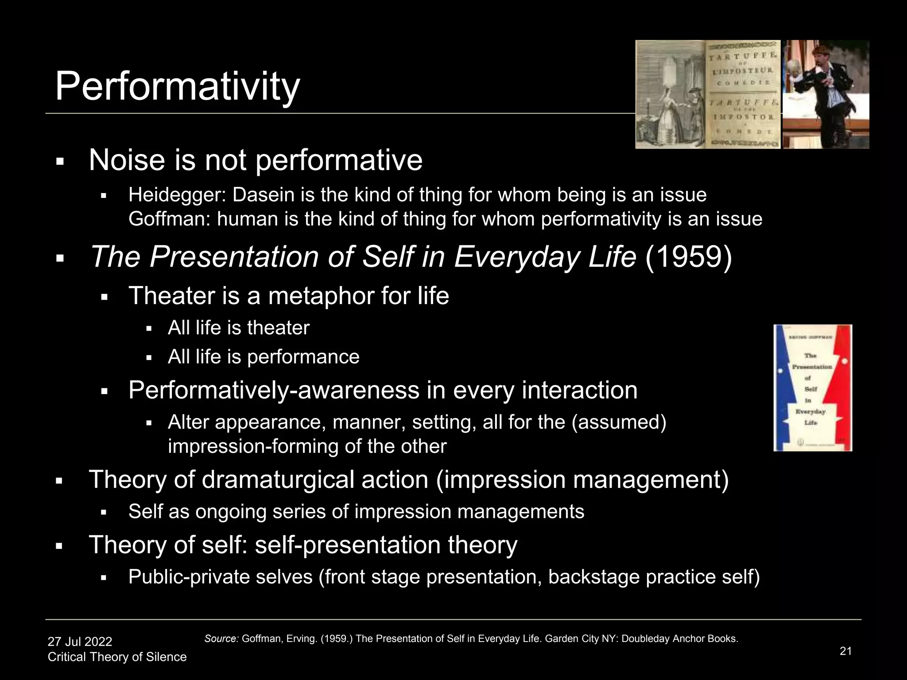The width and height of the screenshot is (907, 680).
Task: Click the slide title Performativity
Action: pos(177,86)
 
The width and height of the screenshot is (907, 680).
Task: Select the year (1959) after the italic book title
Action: pos(688,257)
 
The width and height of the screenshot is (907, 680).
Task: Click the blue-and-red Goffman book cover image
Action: pos(812,388)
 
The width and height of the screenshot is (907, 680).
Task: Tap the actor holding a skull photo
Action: pos(826,94)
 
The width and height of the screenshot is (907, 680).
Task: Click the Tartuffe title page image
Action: pos(708,94)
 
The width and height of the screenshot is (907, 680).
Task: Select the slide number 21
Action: pos(845,651)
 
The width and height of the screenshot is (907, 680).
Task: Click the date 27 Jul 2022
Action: pos(80,641)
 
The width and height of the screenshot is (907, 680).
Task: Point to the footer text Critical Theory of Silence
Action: pos(117,657)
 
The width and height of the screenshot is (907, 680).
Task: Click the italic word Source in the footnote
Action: pos(221,639)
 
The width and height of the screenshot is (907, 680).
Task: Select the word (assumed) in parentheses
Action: pos(619,422)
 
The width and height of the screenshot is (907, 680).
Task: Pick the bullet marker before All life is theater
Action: pos(149,329)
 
